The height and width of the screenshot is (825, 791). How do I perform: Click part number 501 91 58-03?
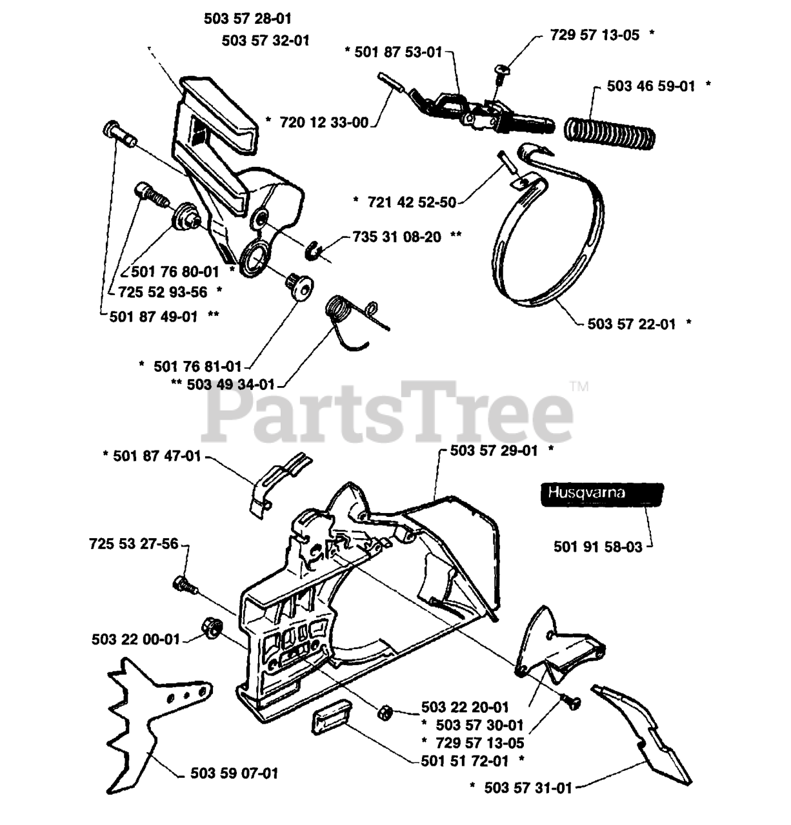point(598,547)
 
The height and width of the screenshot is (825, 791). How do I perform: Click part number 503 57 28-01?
point(247,19)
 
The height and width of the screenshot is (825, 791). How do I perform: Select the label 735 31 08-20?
point(397,237)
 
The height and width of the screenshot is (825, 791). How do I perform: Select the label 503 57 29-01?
point(494,451)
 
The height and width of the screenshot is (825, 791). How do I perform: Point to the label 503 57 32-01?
point(265,40)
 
